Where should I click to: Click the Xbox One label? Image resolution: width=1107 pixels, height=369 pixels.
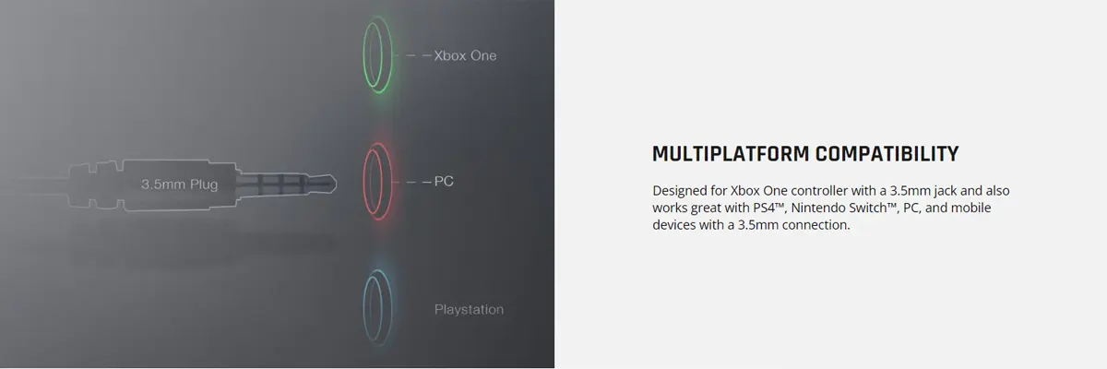tap(465, 55)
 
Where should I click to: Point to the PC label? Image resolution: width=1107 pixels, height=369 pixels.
tap(444, 182)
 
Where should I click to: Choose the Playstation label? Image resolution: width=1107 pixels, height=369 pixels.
tap(469, 310)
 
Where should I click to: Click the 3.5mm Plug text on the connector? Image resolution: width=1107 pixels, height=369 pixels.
tap(179, 184)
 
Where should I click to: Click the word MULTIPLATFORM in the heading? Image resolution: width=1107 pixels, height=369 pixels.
tap(731, 154)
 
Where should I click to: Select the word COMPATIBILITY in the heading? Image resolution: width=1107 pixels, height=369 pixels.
tap(887, 154)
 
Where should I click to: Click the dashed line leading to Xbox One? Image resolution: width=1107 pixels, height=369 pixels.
tap(418, 55)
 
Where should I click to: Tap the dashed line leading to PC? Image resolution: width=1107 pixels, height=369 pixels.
tap(418, 182)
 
